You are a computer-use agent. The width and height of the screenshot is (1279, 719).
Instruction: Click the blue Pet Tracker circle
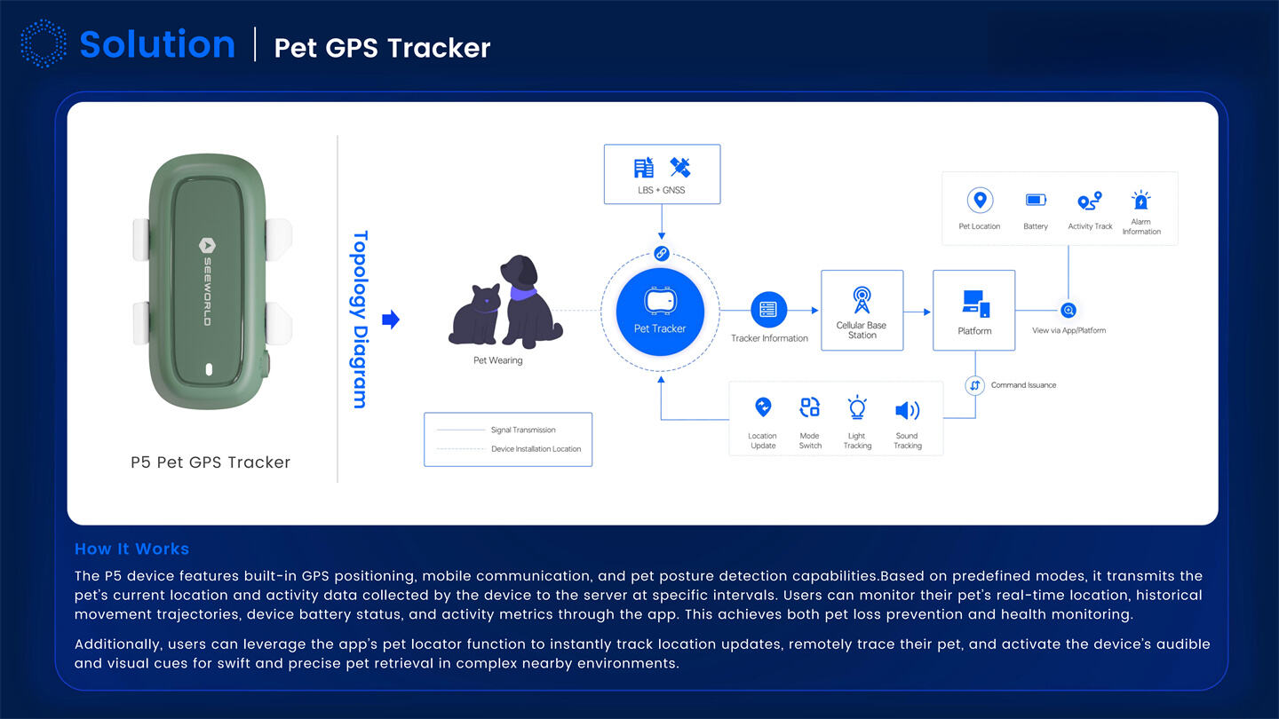click(660, 312)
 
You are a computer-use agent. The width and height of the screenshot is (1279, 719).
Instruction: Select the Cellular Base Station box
click(862, 310)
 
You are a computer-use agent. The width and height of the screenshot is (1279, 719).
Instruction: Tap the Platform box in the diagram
click(973, 310)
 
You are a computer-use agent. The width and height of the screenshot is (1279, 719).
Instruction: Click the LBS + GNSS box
click(662, 174)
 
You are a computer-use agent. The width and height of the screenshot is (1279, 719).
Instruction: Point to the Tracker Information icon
click(768, 310)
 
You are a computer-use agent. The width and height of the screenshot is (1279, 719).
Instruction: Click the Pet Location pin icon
click(980, 201)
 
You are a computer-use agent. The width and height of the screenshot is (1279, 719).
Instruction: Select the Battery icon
click(1036, 201)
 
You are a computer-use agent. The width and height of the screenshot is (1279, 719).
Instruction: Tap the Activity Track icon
click(1089, 201)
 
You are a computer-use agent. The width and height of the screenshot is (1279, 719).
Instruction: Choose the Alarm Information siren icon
click(1140, 200)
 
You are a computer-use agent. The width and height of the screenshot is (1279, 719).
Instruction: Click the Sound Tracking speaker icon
click(907, 410)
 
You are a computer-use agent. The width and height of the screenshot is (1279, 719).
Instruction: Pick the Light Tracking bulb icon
click(857, 408)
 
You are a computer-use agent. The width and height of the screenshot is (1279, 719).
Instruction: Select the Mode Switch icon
click(809, 407)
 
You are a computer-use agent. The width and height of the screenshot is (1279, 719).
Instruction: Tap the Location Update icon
click(762, 407)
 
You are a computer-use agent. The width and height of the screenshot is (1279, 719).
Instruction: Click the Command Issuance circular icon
click(974, 385)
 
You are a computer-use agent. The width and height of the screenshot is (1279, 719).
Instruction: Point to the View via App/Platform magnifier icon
click(1068, 311)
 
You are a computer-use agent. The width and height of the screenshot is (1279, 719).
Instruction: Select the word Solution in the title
click(157, 44)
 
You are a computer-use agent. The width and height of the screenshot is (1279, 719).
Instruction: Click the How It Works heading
click(131, 549)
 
